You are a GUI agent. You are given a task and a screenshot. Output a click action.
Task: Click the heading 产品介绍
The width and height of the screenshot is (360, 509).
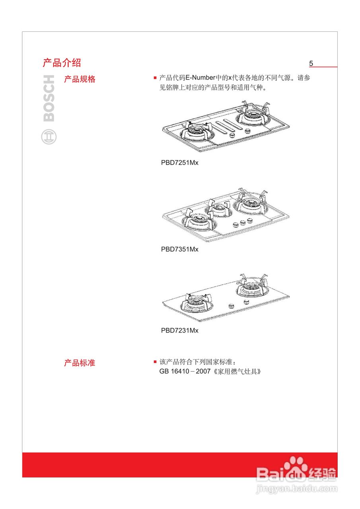(x=62, y=63)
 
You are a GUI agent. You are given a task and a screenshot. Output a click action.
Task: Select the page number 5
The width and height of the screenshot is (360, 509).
(x=311, y=64)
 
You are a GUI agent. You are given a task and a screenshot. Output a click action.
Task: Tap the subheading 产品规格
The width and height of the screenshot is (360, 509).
(x=80, y=79)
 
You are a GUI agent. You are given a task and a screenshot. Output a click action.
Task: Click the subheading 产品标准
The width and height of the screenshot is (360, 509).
(x=80, y=363)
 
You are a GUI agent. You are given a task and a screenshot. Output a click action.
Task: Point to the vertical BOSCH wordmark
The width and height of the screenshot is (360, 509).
(x=49, y=98)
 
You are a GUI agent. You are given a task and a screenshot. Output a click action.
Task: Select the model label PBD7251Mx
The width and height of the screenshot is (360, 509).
(x=179, y=163)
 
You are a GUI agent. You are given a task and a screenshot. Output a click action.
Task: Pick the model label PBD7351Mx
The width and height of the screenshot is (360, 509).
(x=179, y=249)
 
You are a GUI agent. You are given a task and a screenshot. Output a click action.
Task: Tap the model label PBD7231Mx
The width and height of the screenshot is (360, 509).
(x=179, y=330)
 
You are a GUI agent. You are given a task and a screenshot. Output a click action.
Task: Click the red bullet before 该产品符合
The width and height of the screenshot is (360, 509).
(x=155, y=362)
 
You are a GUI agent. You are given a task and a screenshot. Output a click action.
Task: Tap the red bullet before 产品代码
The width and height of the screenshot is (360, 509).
(x=155, y=78)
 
